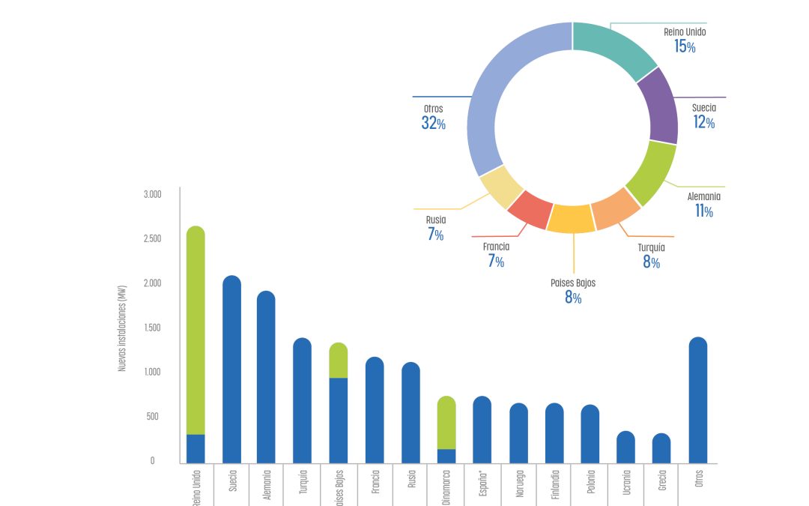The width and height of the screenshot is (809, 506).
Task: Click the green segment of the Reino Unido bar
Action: click(196, 330)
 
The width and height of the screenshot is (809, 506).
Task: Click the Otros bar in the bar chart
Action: click(697, 400)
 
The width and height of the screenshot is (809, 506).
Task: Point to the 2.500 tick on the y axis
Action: click(153, 239)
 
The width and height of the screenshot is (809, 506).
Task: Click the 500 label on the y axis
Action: click(152, 417)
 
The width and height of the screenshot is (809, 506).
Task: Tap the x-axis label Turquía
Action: click(303, 485)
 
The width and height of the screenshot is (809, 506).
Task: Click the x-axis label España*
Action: click(482, 486)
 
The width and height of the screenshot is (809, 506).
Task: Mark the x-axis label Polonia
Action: click(591, 485)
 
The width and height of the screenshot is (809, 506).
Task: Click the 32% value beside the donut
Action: click(433, 124)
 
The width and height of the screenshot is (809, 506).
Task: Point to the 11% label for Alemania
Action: click(703, 211)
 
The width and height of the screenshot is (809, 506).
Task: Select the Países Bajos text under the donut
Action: click(573, 283)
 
